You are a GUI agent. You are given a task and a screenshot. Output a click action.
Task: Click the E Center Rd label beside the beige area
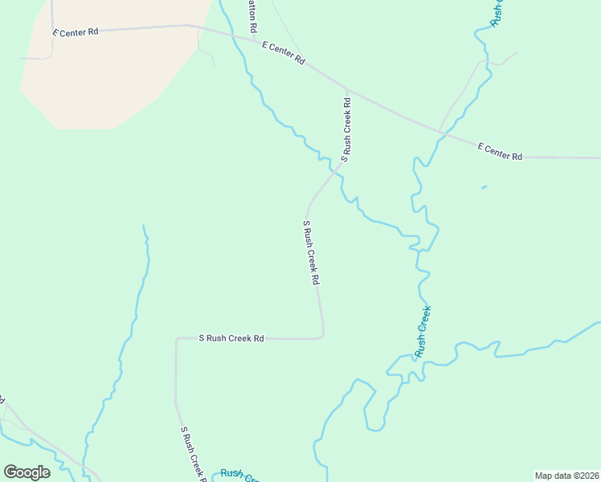coord(76,33)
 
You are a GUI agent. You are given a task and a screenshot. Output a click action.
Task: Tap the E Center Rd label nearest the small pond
coord(500,151)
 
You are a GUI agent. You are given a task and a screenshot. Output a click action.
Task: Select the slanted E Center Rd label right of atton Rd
coord(284,54)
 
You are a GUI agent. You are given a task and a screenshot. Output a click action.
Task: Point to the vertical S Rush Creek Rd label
coord(346,130)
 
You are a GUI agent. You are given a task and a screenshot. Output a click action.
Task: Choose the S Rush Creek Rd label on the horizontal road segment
coord(231,339)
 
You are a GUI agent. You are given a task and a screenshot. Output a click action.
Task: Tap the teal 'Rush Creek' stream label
coord(423,331)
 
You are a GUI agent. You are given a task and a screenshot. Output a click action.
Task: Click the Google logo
coord(27,472)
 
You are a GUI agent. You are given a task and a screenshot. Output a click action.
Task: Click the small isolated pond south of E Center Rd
coord(484,188)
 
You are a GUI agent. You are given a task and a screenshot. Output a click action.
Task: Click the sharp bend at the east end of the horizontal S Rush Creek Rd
coord(322,336)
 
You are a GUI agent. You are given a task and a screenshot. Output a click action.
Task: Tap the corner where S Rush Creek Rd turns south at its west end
coord(177,340)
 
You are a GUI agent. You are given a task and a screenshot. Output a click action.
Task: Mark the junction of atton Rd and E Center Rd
coord(255,39)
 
